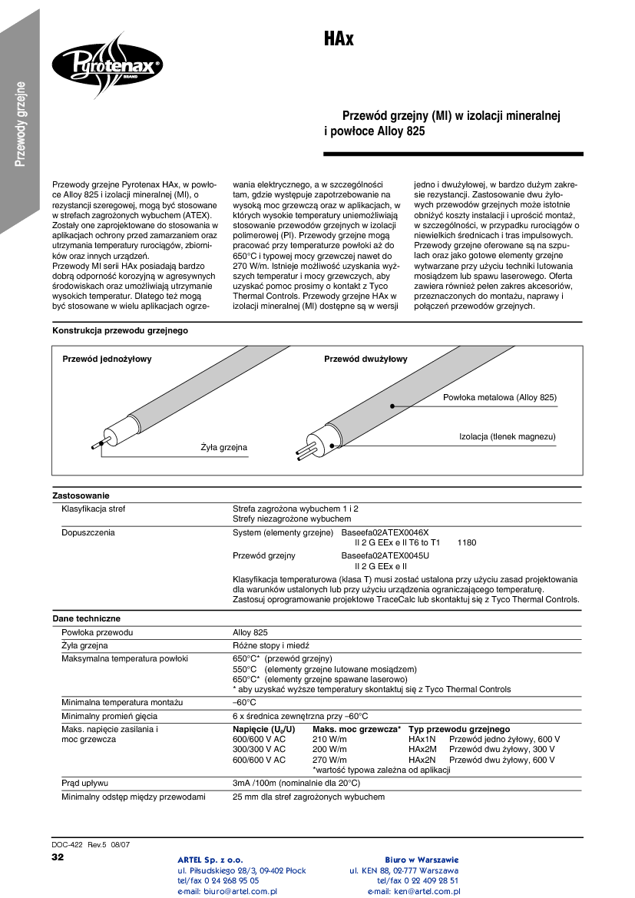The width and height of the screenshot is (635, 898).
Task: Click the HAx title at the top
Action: point(339,38)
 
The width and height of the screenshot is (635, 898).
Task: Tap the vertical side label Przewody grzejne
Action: point(21,123)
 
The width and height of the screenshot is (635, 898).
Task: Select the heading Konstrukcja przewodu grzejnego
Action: point(120,330)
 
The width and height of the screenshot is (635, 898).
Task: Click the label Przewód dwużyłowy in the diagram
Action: point(365,359)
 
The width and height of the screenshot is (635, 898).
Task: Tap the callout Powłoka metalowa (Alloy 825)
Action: point(500,397)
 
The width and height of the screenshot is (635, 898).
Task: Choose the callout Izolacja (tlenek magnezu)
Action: point(507,436)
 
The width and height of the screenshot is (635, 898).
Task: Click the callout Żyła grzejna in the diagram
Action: point(224,447)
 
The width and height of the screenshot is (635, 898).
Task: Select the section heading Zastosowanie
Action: point(81,495)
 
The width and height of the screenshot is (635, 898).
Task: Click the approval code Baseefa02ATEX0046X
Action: point(385,532)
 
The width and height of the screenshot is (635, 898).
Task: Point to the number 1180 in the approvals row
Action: point(467,543)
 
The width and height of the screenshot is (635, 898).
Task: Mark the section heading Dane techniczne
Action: point(86,618)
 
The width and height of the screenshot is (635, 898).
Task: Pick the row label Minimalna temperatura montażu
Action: point(122,702)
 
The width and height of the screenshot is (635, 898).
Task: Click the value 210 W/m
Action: point(330,739)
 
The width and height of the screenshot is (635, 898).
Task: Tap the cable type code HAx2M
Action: point(422,749)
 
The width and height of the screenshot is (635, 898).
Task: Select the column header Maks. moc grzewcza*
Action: point(357,729)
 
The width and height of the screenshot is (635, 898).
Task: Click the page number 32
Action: point(58,857)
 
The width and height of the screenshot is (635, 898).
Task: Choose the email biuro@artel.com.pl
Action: point(227,891)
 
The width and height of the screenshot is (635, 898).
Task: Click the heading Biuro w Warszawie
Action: point(422,859)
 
